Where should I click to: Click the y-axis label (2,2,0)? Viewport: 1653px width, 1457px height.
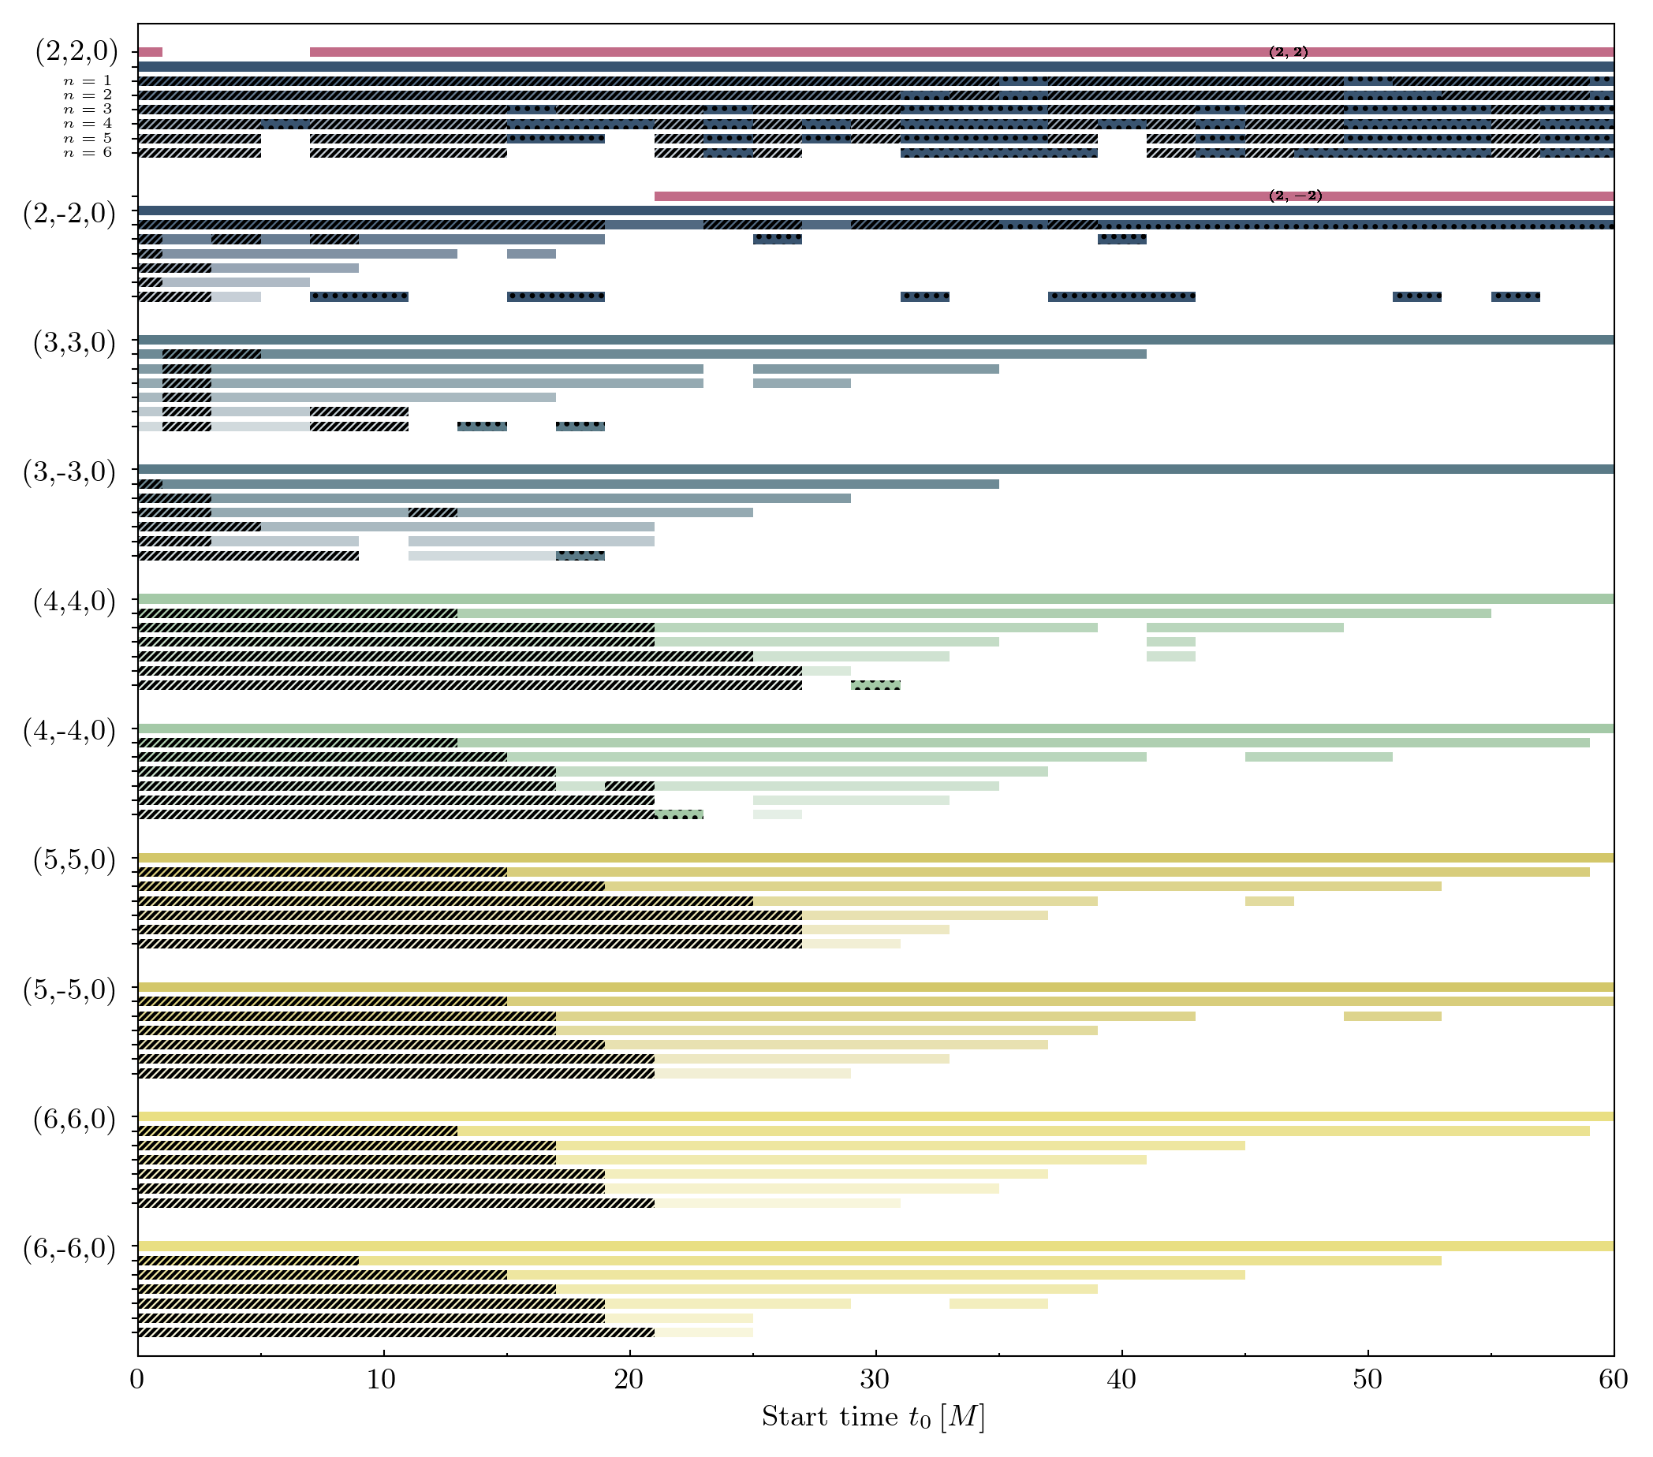coord(76,51)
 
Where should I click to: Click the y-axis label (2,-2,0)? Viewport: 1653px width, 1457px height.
coord(69,214)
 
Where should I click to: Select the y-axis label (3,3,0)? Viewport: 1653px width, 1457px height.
coord(74,343)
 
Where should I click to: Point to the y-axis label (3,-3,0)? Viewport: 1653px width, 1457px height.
coord(69,471)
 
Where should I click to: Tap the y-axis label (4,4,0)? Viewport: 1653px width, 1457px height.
coord(74,602)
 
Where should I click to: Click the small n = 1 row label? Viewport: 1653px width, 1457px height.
coord(88,81)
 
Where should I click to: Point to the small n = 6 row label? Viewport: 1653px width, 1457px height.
coord(88,153)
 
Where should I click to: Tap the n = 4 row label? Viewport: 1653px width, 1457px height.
coord(88,124)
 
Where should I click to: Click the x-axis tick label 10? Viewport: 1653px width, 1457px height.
coord(382,1380)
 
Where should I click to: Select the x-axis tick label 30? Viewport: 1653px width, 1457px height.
coord(875,1380)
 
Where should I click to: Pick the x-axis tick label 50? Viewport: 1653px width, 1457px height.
coord(1368,1380)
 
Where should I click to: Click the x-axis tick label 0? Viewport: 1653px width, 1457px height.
coord(136,1380)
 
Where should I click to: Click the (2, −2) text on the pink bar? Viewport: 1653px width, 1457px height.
coord(1296,196)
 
